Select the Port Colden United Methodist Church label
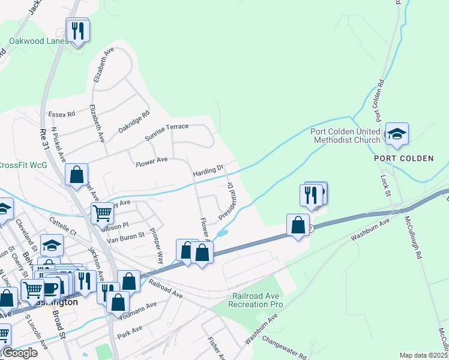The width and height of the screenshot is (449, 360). point(345,136)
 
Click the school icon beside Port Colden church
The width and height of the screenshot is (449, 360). point(396,134)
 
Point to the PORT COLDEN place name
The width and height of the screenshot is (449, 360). point(403,158)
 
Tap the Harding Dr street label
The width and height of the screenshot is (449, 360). point(208,170)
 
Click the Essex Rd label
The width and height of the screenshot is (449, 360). point(62,113)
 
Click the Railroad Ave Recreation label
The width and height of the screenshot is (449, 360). point(255,300)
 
